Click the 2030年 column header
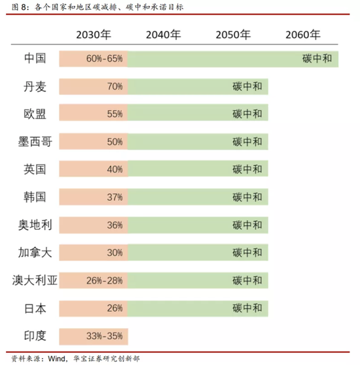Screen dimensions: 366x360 94,35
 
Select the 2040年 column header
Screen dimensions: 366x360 164,35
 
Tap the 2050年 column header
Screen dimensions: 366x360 233,35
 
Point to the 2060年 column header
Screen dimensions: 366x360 303,35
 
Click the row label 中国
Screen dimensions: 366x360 35,58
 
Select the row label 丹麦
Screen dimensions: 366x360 35,86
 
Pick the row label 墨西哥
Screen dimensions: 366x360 35,141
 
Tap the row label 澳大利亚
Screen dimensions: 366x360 35,280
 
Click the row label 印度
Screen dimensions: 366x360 35,336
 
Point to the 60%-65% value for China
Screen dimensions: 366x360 105,59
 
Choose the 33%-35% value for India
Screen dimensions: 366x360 105,337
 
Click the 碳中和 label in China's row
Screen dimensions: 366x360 319,59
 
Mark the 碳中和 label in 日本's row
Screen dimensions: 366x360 247,308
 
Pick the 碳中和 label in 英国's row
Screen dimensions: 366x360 247,170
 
